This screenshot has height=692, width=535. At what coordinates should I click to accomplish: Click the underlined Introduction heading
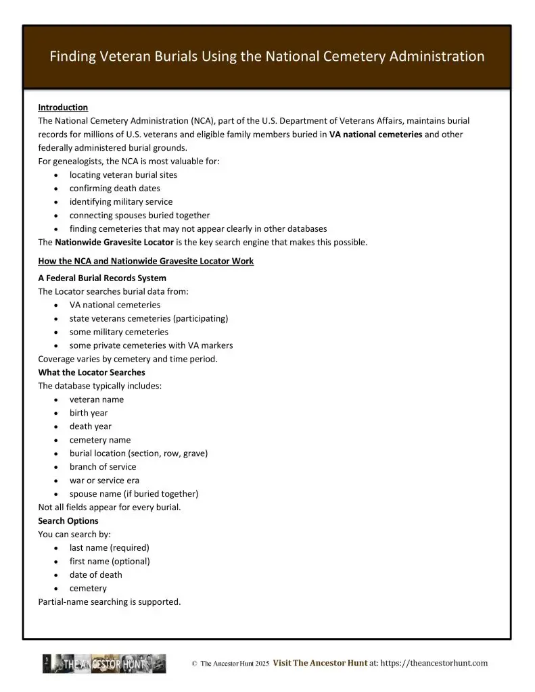(63, 107)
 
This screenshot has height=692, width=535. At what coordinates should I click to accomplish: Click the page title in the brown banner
(267, 57)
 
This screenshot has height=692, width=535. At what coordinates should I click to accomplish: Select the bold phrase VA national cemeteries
(375, 134)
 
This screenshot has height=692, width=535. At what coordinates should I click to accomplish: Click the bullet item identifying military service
(121, 202)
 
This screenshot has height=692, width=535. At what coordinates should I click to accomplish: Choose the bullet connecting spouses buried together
(139, 216)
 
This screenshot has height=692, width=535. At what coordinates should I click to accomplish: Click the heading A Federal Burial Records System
(102, 278)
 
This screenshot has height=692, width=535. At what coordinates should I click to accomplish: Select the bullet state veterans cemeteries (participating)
(149, 318)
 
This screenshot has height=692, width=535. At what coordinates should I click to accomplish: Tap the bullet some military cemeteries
(118, 332)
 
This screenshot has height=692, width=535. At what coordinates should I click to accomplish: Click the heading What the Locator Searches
(91, 372)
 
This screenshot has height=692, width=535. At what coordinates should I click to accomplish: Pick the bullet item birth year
(89, 413)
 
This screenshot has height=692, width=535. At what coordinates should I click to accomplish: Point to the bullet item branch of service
(103, 467)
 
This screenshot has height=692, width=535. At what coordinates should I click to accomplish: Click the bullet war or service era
(104, 480)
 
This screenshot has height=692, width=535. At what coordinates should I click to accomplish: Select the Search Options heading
(68, 521)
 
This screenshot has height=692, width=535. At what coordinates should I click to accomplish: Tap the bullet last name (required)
(110, 548)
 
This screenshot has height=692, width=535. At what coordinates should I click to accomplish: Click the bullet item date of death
(96, 575)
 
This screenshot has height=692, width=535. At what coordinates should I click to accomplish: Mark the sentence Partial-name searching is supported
(110, 602)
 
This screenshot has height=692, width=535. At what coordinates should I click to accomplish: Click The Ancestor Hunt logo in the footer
(104, 664)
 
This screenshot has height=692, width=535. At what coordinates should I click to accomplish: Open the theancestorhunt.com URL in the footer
(434, 664)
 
